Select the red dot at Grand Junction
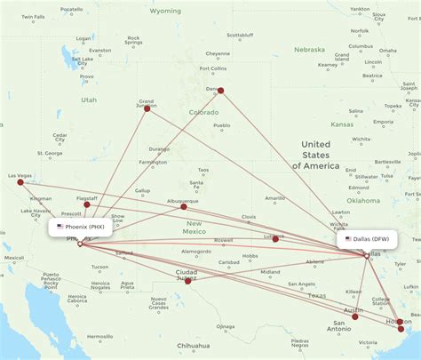(x=147, y=108)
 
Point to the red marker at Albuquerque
(x=184, y=206)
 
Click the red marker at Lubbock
(x=275, y=238)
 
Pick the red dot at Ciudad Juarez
(x=187, y=281)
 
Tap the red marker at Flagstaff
(x=86, y=204)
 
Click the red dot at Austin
(x=356, y=316)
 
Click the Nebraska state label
(x=310, y=50)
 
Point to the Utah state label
(x=89, y=100)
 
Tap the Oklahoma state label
(x=363, y=201)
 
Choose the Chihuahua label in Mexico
(x=193, y=345)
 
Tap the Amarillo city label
(x=276, y=197)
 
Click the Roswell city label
(x=224, y=240)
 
